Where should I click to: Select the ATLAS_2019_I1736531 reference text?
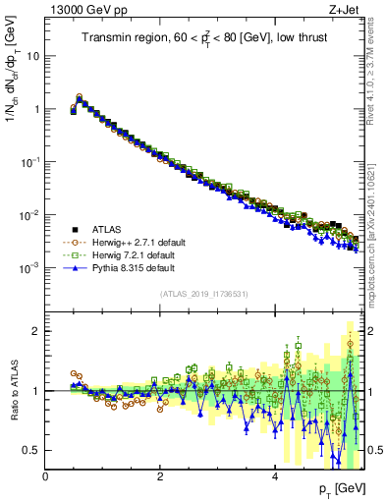click(x=203, y=294)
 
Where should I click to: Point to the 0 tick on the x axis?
click(x=45, y=476)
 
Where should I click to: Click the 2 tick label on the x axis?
click(x=159, y=476)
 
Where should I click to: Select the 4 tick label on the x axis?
click(x=274, y=476)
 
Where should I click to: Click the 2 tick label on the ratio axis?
click(x=36, y=331)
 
